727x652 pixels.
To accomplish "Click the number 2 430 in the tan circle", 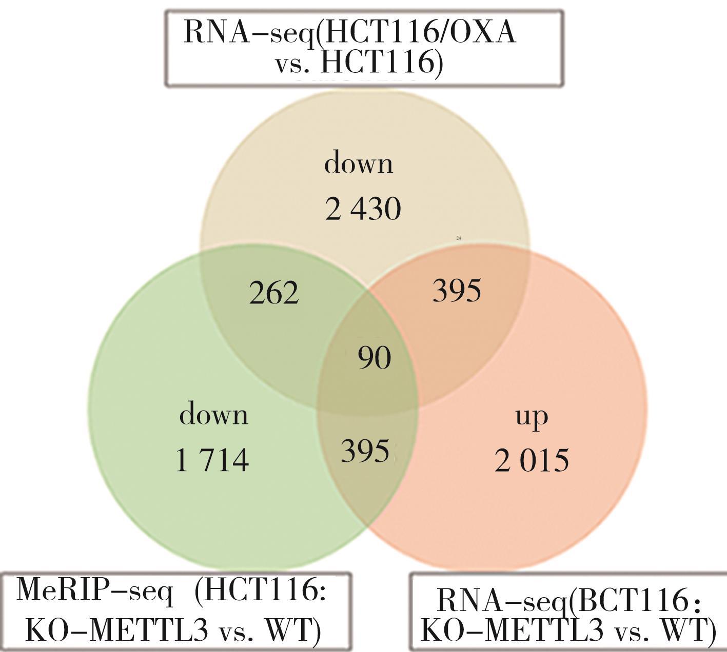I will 363,209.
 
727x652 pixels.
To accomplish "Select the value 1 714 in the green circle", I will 212,460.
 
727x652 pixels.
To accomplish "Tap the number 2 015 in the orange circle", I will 532,460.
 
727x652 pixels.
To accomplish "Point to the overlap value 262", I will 273,293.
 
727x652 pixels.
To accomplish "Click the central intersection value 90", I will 375,358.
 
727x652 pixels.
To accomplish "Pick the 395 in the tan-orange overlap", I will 457,291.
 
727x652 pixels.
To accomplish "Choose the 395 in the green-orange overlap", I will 365,452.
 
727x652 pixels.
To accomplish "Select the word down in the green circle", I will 213,414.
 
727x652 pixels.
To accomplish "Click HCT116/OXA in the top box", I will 421,33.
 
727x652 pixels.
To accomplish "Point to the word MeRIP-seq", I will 95,589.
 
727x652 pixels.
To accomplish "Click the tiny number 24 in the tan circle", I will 459,238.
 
